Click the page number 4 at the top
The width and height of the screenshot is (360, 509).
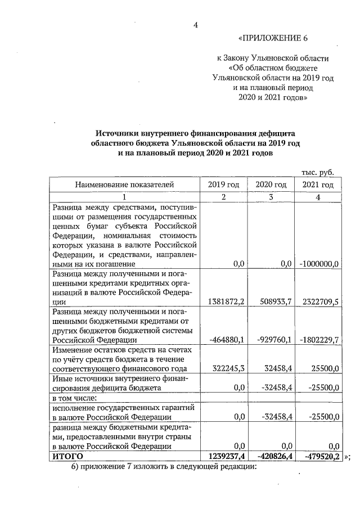[x=196, y=24]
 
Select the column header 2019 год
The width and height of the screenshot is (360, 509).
[x=223, y=184]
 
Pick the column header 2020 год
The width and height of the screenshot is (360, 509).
[x=271, y=184]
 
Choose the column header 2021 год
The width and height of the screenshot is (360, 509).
[x=318, y=184]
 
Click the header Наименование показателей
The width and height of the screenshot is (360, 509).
[x=125, y=184]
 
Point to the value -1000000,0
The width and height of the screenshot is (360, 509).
[x=319, y=263]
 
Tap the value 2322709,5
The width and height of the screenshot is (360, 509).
[x=319, y=301]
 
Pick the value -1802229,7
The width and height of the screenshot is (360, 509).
[x=318, y=340]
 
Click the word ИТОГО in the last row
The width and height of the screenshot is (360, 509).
[x=67, y=456]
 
